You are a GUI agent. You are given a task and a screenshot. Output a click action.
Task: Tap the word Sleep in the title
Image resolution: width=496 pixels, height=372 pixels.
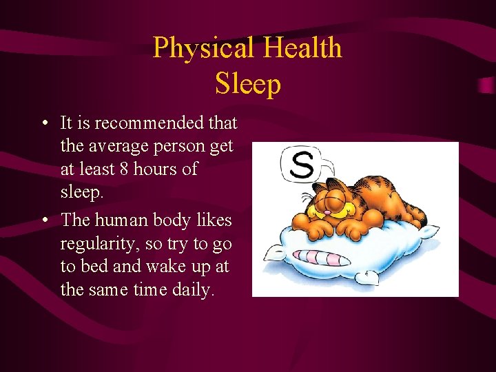248,84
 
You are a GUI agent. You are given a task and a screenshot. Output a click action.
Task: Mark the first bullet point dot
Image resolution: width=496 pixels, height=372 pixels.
43,125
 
